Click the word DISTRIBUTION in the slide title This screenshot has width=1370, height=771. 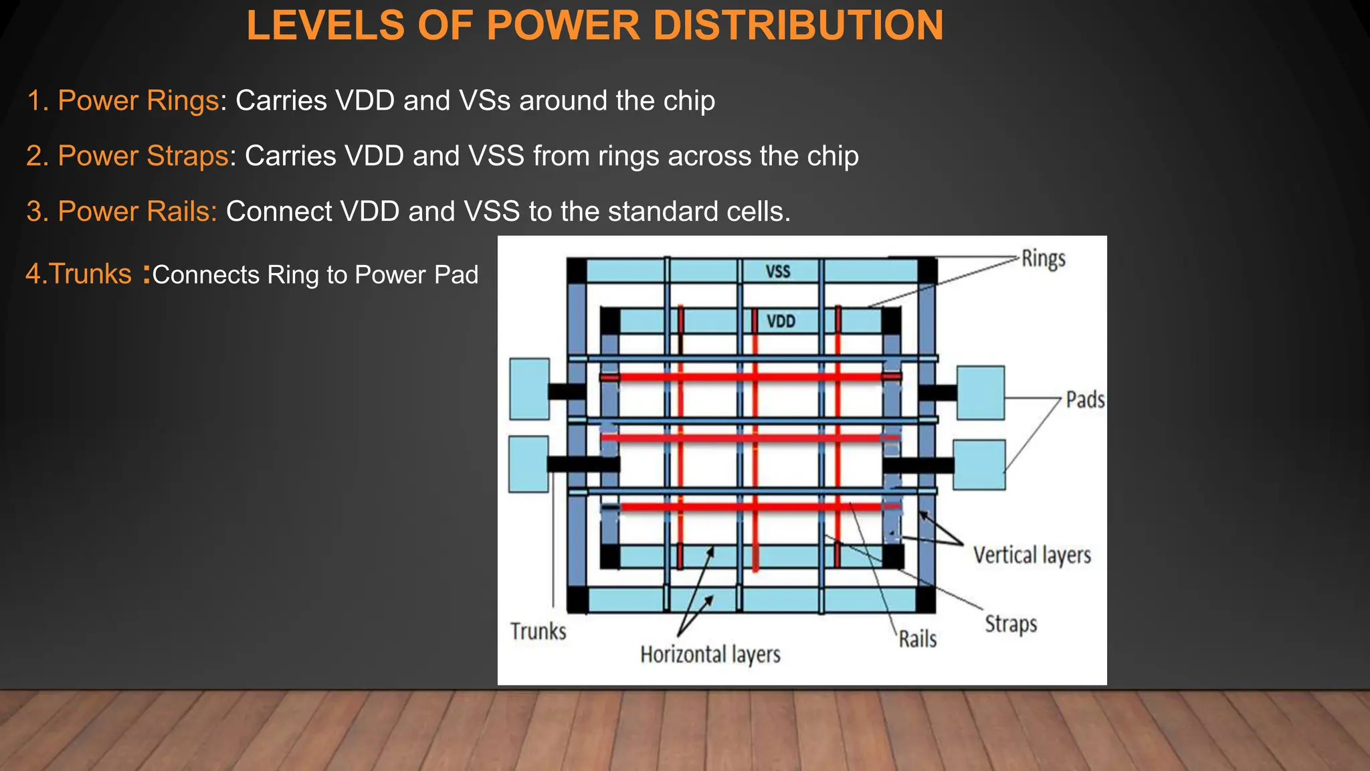(798, 25)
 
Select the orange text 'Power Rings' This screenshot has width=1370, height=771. (138, 100)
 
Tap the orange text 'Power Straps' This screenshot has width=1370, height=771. (142, 156)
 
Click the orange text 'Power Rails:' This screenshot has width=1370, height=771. (137, 211)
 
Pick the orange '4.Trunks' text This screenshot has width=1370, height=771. (78, 274)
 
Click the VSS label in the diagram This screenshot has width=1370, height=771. (778, 272)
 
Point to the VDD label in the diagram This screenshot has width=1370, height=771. (781, 321)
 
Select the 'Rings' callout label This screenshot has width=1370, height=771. (1043, 259)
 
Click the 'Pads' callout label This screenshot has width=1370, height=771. (1084, 400)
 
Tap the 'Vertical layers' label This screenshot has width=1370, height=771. (1032, 555)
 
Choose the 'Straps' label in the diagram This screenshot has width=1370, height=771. (1010, 624)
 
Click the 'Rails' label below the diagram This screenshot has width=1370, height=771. (917, 639)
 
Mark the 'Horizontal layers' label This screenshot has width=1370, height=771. (710, 655)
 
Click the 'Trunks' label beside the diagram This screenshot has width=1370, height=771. (538, 631)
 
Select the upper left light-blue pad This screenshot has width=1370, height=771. (529, 389)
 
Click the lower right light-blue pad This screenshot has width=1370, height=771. (979, 464)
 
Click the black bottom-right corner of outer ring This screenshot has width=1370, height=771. (925, 600)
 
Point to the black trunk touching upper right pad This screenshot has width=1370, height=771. (937, 393)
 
